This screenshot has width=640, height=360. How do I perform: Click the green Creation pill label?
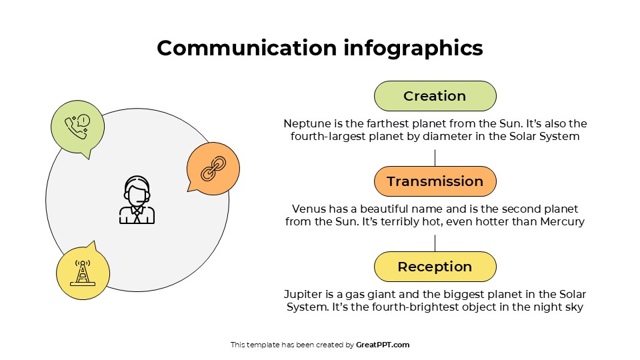click(x=435, y=96)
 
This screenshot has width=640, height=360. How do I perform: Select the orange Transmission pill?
click(x=435, y=181)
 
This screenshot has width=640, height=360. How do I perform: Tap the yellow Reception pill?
click(x=435, y=267)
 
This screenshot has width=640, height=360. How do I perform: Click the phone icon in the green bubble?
click(x=77, y=127)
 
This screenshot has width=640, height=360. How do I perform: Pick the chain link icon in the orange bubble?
click(x=213, y=168)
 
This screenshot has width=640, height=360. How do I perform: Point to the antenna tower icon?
click(x=83, y=273)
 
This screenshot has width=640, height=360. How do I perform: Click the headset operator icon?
click(x=137, y=200)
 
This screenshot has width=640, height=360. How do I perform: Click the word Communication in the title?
click(x=247, y=48)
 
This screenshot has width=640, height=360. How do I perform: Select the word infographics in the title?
click(x=413, y=49)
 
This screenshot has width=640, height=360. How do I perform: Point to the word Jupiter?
click(x=303, y=294)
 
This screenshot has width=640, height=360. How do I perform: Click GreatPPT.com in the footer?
click(x=383, y=345)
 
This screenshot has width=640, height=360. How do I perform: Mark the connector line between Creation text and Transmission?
click(x=435, y=158)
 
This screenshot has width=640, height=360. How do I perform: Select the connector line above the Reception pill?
click(x=435, y=243)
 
